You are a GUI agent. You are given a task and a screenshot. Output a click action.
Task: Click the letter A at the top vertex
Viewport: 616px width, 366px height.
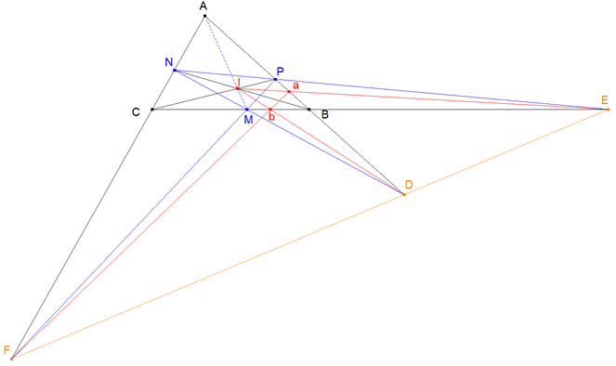(x=203, y=7)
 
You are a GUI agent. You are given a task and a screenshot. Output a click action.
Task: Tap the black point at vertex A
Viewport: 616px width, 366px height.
(x=205, y=16)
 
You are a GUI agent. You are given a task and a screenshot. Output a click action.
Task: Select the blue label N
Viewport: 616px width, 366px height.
(x=168, y=62)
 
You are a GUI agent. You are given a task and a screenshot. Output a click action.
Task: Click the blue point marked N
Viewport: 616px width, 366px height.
(x=175, y=70)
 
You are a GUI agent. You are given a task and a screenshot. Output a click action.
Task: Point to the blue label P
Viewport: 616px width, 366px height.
(x=282, y=72)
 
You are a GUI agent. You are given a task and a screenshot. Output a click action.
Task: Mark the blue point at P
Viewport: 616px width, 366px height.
(x=275, y=79)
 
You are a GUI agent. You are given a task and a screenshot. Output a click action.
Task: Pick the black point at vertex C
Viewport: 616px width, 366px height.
(x=151, y=110)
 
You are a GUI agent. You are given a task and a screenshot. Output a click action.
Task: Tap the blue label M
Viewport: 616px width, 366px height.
(x=247, y=120)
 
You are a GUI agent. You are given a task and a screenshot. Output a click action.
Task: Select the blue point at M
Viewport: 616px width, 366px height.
(x=246, y=110)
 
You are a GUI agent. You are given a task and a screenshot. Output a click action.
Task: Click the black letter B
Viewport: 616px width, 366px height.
(x=323, y=115)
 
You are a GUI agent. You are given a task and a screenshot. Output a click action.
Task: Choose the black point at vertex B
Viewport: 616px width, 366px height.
(x=309, y=110)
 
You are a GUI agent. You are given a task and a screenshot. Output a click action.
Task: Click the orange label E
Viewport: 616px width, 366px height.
(x=605, y=99)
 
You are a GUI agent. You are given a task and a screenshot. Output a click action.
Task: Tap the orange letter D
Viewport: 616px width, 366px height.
(x=408, y=186)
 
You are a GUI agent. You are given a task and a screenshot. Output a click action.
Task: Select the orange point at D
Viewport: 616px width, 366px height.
(x=403, y=194)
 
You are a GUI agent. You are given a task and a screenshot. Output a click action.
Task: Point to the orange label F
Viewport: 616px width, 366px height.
(x=7, y=349)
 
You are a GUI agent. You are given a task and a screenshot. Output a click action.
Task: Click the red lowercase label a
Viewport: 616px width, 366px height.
(x=295, y=85)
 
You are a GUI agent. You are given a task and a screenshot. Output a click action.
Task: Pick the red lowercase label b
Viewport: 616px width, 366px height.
(x=271, y=117)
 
